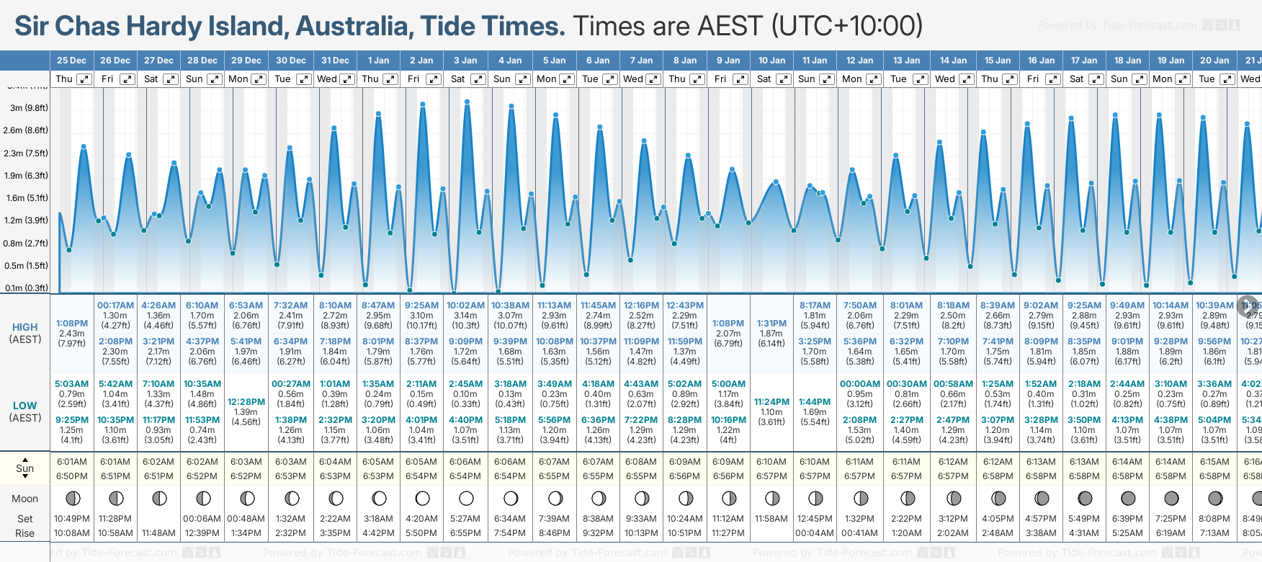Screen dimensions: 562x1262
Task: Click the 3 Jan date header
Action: (x=465, y=61)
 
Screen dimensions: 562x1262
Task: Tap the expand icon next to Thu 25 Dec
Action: (x=84, y=79)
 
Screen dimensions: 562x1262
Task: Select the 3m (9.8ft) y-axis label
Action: (x=29, y=108)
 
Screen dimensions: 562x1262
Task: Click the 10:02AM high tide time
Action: (x=465, y=305)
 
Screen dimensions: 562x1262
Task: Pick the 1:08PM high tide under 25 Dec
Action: (x=71, y=324)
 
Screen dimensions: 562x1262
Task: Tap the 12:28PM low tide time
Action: (x=246, y=402)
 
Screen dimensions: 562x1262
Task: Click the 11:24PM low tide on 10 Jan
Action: (x=771, y=402)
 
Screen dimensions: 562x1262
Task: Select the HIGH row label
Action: (x=24, y=327)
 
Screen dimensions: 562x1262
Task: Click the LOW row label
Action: (x=24, y=406)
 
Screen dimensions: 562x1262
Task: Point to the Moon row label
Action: (x=24, y=499)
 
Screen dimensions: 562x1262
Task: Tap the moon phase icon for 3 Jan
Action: (x=466, y=498)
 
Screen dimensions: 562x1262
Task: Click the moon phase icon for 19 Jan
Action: (x=1171, y=498)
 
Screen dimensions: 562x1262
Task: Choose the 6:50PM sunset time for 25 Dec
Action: (x=71, y=476)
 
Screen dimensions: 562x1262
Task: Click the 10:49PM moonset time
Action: (x=71, y=519)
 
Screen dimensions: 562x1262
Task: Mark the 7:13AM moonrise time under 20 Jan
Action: (x=1214, y=533)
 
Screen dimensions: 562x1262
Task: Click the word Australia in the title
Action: (x=354, y=26)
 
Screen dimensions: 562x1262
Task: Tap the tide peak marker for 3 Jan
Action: (x=467, y=102)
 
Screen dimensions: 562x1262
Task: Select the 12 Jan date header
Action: (x=859, y=61)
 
